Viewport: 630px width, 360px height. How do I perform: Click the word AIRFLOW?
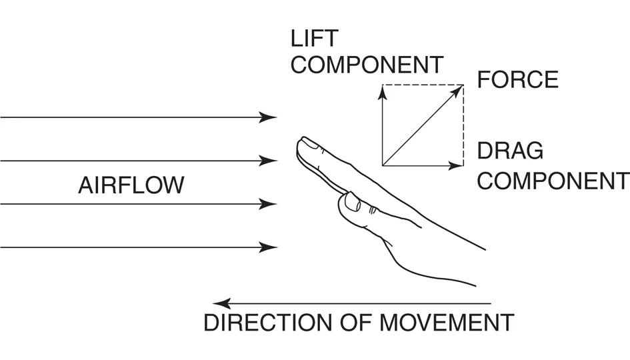click(131, 185)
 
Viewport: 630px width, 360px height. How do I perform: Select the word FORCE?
click(517, 80)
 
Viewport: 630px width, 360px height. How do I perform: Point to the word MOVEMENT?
click(447, 323)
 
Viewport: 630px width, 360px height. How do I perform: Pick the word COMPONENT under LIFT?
click(367, 65)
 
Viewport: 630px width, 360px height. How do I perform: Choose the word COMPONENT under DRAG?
click(553, 180)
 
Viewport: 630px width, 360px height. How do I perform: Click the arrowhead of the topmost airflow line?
click(271, 118)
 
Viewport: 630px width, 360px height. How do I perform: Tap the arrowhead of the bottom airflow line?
click(271, 247)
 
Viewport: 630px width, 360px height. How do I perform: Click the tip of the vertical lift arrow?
click(382, 89)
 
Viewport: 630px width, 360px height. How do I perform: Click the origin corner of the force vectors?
click(382, 165)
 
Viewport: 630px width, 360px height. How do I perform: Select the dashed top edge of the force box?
click(423, 85)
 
